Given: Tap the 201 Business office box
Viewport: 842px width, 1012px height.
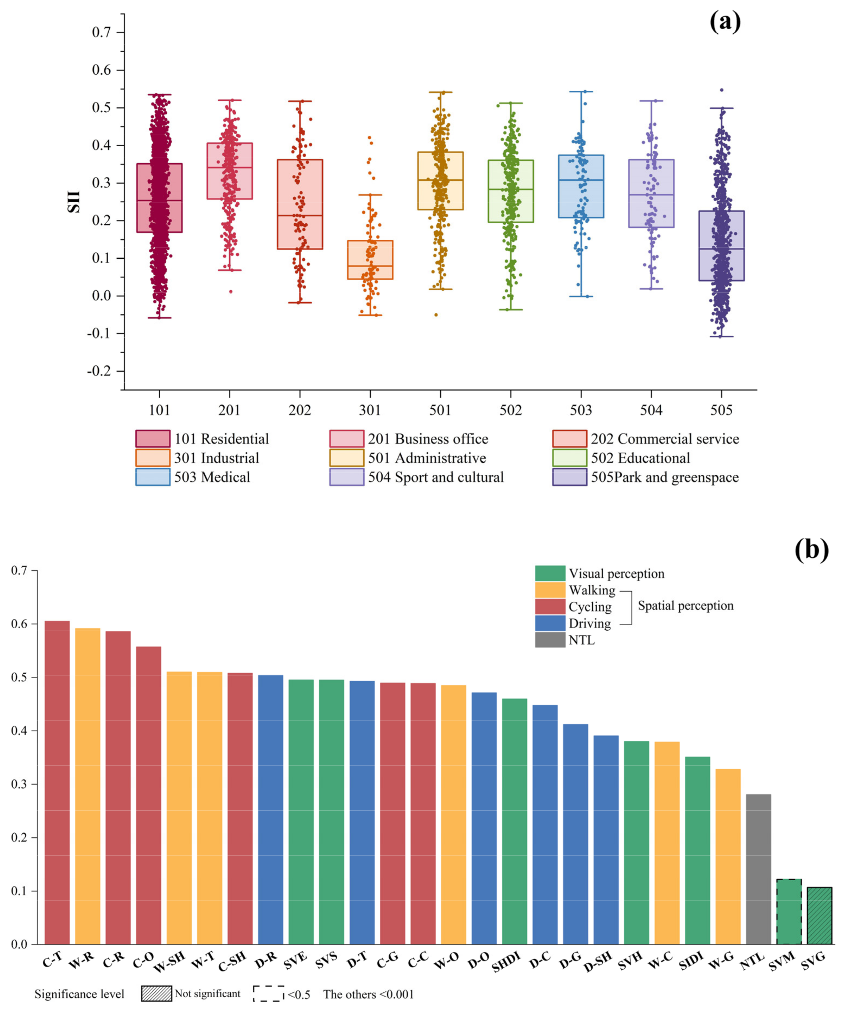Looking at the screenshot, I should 229,171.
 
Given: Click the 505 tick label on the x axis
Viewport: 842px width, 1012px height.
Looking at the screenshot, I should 721,410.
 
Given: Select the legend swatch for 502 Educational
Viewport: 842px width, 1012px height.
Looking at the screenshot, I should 569,458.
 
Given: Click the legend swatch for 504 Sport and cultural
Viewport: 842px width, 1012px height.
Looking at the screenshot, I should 347,477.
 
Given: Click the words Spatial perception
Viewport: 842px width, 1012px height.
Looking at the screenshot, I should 685,606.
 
